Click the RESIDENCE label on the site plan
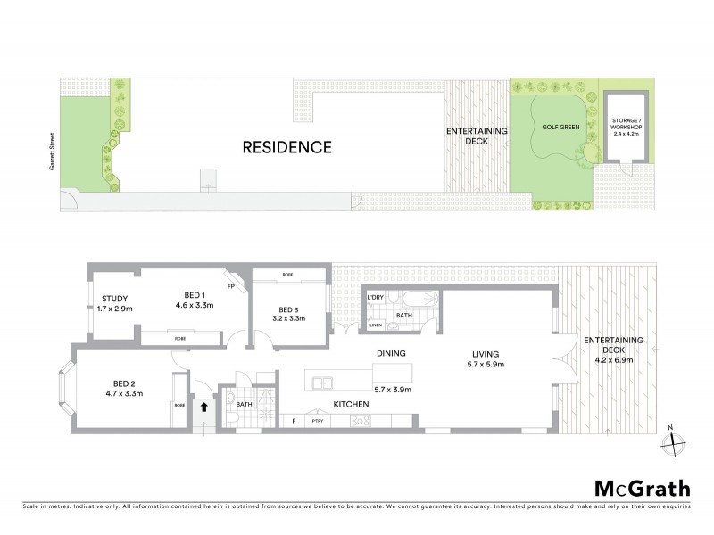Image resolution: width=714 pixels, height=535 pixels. click(287, 147)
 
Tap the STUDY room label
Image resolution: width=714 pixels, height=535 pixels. click(115, 299)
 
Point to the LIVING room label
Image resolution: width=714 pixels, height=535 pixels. click(486, 353)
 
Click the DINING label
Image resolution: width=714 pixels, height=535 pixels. click(391, 353)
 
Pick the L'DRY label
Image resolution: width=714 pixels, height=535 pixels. click(375, 296)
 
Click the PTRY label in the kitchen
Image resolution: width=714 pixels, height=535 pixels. click(315, 420)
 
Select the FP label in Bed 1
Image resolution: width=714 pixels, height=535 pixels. click(230, 287)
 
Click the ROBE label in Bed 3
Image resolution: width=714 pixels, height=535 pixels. click(287, 275)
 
